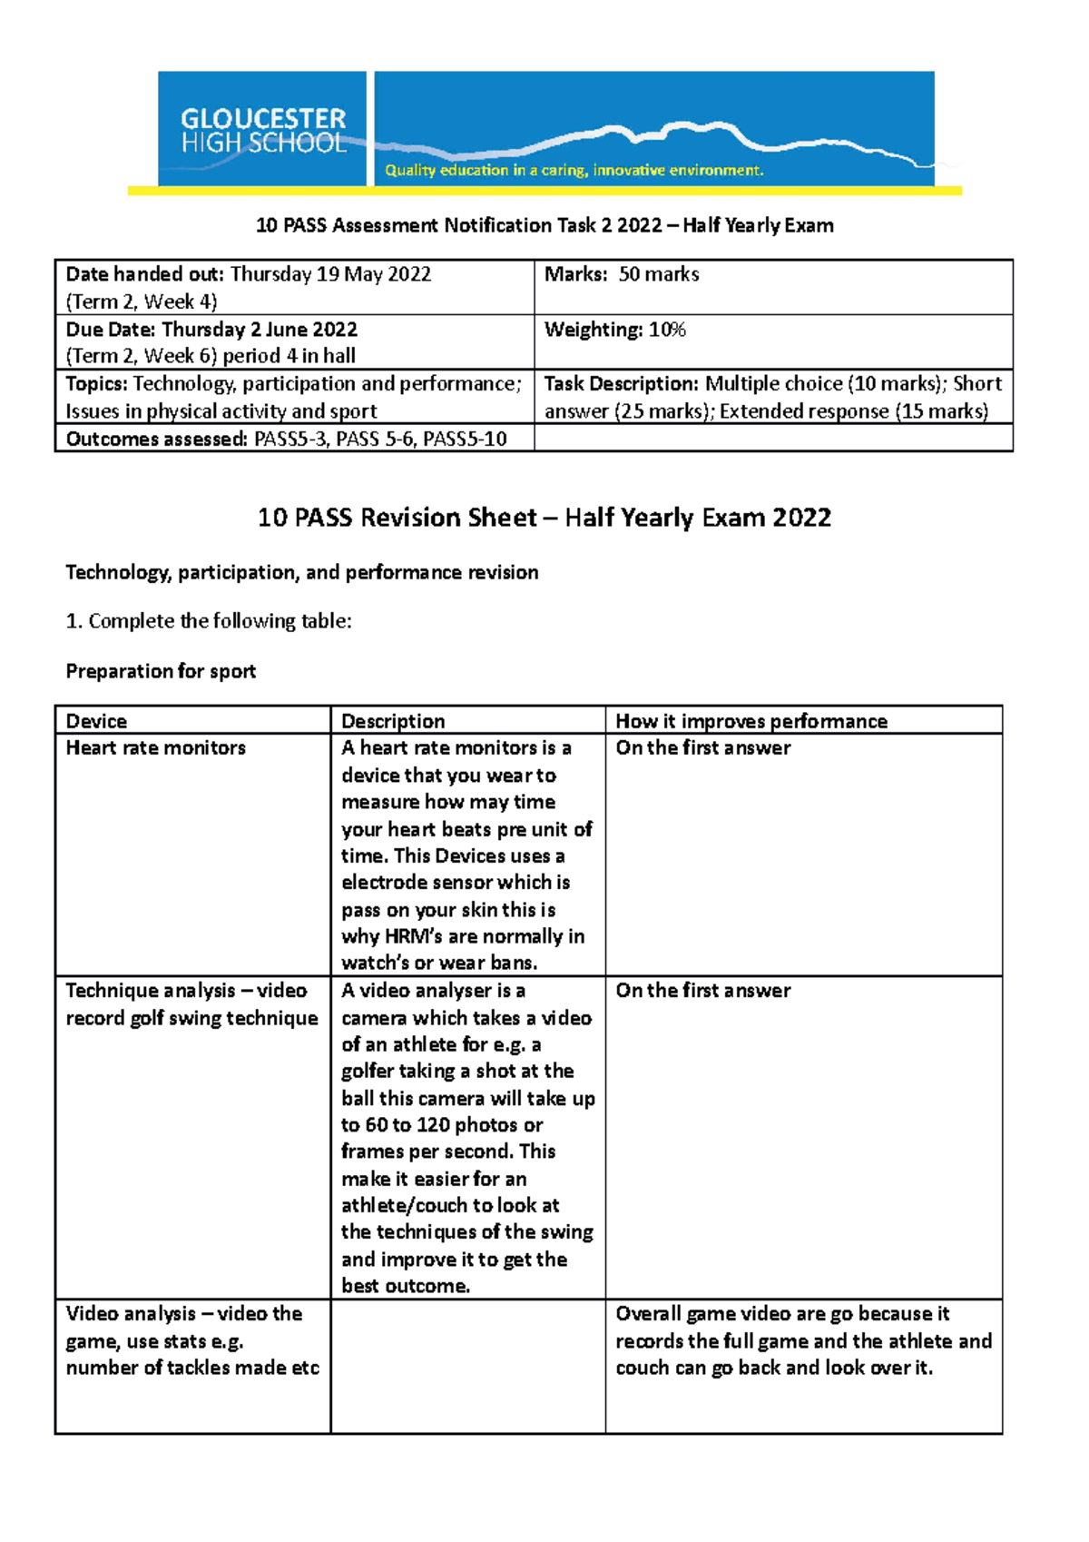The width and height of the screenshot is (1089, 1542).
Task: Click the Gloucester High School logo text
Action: tap(263, 131)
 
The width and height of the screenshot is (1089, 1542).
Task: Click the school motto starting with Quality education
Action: tap(574, 170)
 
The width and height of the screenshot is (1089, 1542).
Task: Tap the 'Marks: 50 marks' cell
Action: tap(622, 274)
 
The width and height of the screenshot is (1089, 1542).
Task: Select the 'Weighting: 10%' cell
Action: tap(614, 330)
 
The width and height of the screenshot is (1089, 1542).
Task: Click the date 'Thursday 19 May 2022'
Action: tap(330, 274)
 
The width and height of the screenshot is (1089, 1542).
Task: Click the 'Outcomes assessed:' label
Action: tap(156, 440)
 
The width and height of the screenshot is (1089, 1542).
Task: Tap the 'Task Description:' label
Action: tap(622, 384)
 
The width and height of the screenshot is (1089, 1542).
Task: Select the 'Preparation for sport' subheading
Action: tap(161, 671)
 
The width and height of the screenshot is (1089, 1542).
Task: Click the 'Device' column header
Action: tap(96, 721)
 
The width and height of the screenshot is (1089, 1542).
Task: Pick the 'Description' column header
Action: tap(393, 721)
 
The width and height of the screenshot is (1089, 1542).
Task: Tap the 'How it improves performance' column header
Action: tap(751, 721)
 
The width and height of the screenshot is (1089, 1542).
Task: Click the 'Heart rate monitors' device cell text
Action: tap(156, 748)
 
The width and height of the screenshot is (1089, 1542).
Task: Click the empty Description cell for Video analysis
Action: tap(467, 1366)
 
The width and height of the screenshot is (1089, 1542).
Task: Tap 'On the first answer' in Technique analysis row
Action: tap(702, 991)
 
